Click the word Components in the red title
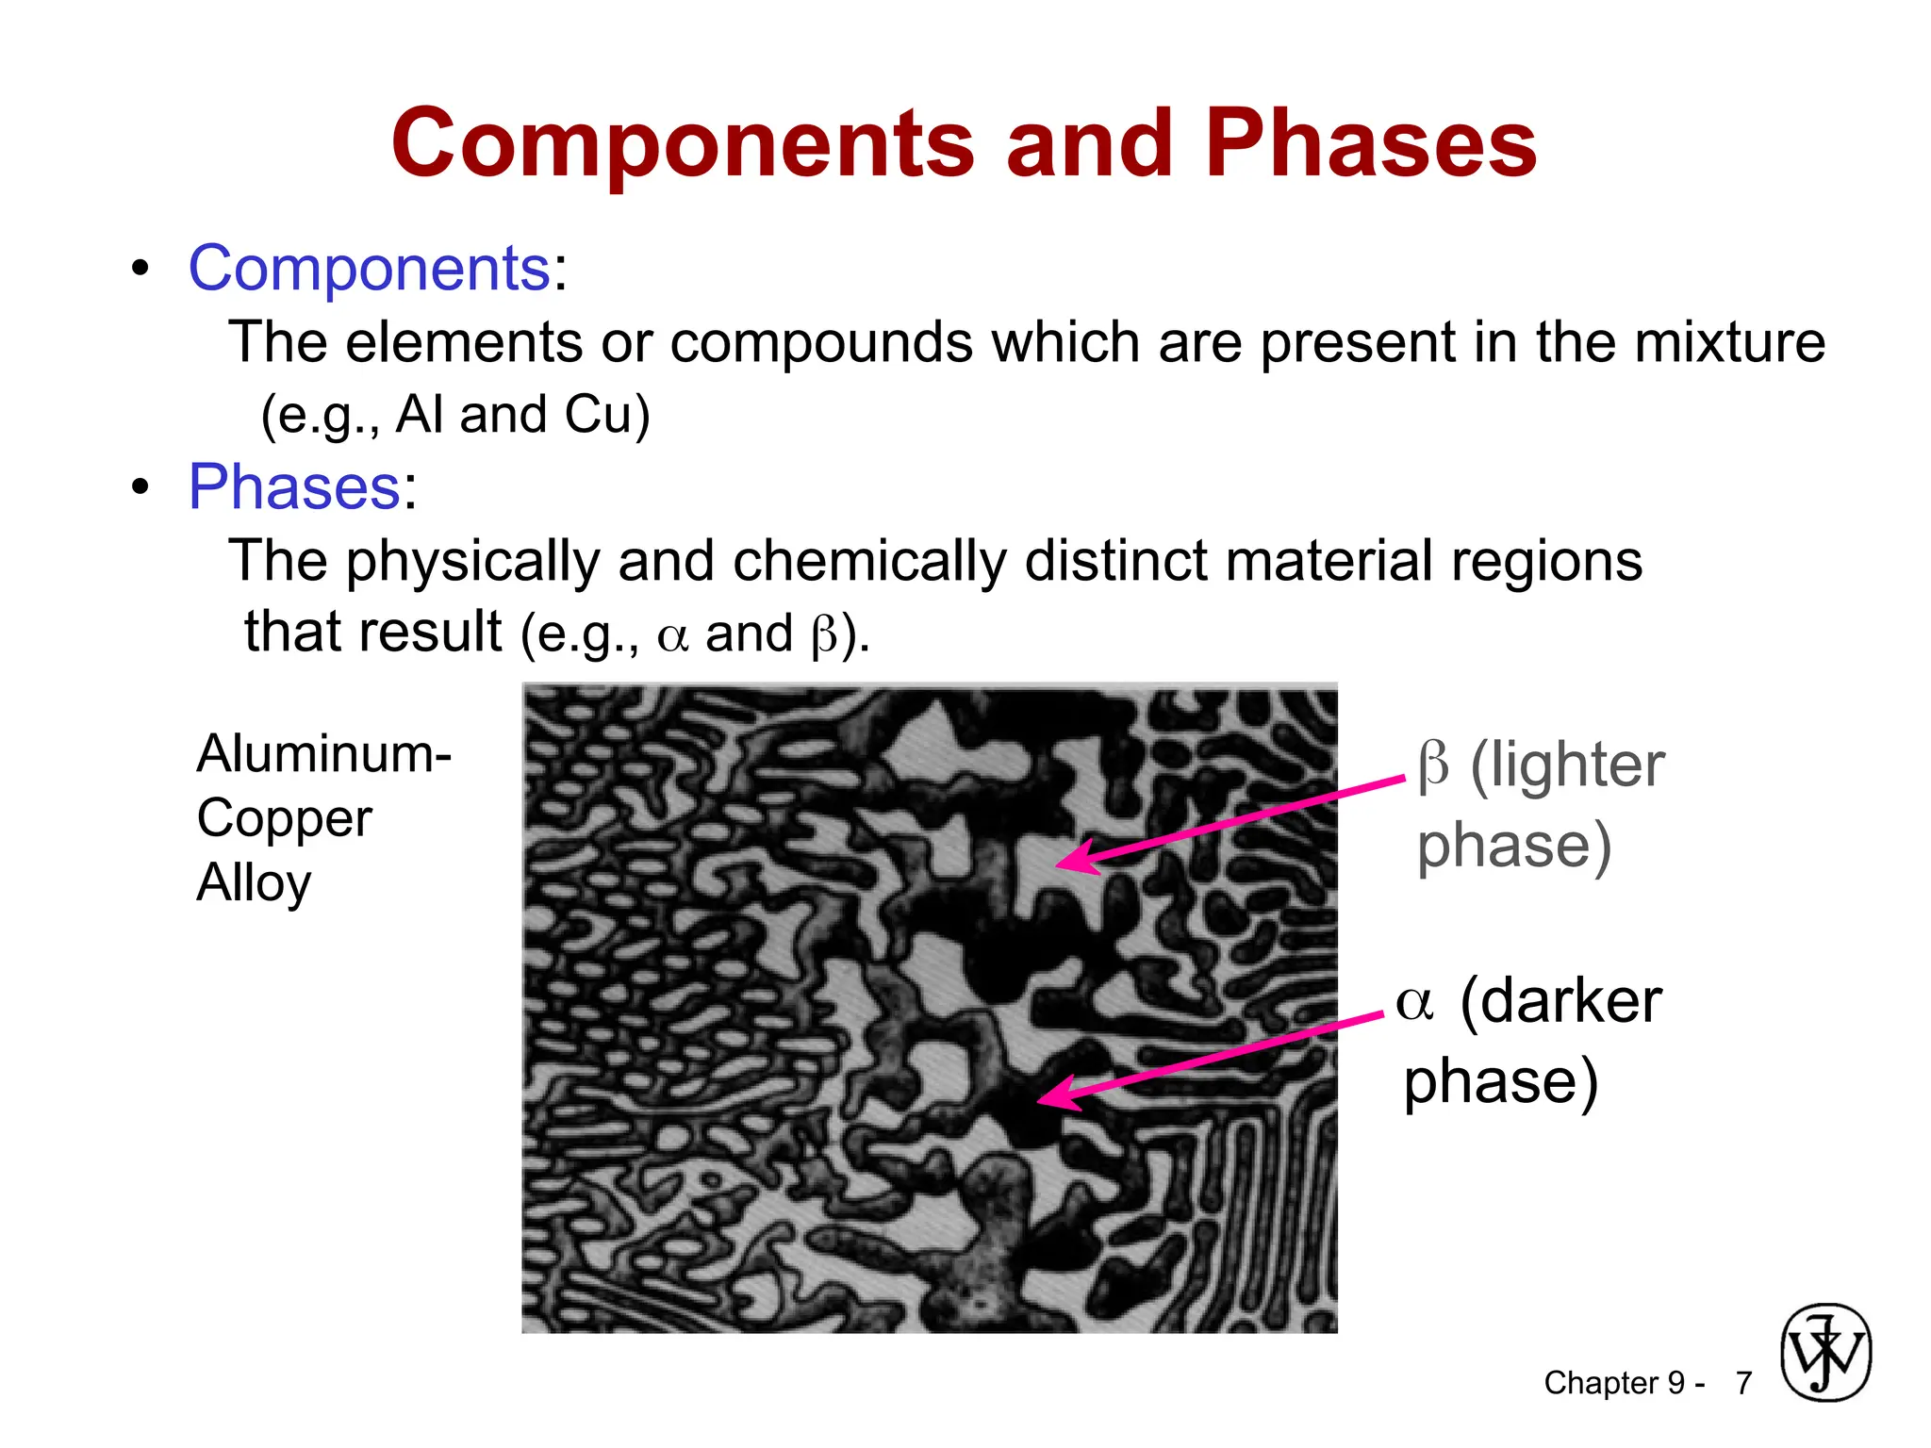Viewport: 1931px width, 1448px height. click(683, 144)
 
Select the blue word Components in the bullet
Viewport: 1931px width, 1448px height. click(369, 269)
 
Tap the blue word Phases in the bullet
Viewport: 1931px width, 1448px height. click(295, 487)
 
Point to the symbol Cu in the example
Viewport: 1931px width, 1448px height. click(598, 415)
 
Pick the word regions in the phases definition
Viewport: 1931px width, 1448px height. click(1546, 562)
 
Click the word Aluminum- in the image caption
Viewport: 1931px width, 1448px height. click(323, 754)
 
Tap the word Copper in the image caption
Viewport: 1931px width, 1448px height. click(284, 818)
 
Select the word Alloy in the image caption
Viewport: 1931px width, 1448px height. click(254, 883)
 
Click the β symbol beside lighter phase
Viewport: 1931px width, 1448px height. click(1432, 765)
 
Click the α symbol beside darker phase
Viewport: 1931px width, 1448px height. click(1414, 1003)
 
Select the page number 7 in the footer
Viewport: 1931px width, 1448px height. click(1743, 1383)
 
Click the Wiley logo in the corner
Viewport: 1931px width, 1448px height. click(1824, 1353)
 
